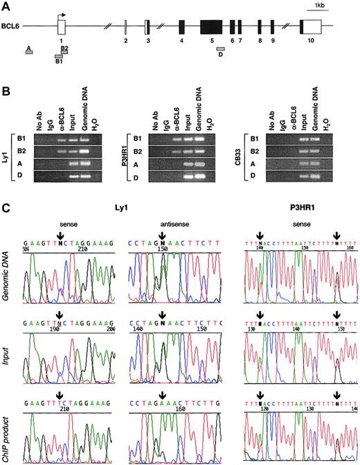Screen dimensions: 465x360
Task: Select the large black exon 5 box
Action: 210,27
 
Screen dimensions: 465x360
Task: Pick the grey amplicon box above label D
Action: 220,49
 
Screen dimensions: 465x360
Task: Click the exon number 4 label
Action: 181,41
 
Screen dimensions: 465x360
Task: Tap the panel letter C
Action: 6,207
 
